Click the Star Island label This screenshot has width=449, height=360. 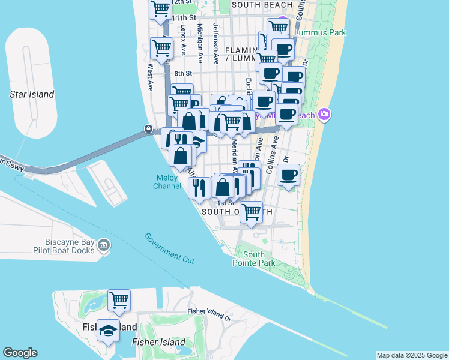(x=32, y=94)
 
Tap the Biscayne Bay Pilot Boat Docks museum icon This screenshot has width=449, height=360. (x=104, y=245)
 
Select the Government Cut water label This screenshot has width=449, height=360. (x=169, y=247)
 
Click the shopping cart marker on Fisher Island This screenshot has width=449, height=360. (x=119, y=299)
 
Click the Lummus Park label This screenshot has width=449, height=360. (x=315, y=26)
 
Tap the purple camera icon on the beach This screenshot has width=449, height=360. (x=324, y=113)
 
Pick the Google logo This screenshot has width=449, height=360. (x=20, y=353)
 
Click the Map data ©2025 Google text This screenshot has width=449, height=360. (x=411, y=355)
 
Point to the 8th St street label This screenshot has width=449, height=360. (x=182, y=74)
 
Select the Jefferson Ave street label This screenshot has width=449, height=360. (x=215, y=44)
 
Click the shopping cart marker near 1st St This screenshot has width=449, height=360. (x=252, y=212)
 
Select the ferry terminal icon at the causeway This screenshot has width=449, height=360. (x=148, y=128)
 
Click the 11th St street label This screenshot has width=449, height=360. (x=184, y=18)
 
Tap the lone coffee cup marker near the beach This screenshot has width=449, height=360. (x=289, y=175)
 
